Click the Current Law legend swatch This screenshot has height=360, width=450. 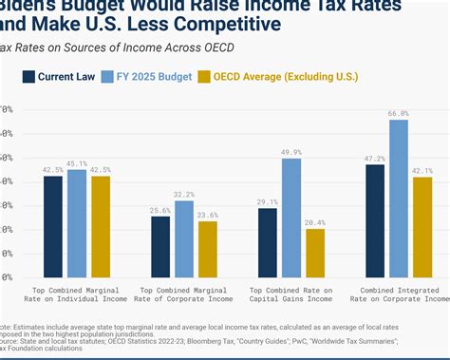(x=29, y=78)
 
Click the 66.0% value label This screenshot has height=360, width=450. (x=398, y=113)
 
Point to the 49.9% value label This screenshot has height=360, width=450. (x=291, y=152)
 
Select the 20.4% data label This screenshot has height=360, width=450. (x=314, y=222)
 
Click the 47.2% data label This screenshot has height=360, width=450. (x=374, y=159)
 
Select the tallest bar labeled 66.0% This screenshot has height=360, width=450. (x=398, y=199)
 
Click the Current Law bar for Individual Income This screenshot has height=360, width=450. (x=53, y=227)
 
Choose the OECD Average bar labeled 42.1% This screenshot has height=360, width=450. (x=422, y=228)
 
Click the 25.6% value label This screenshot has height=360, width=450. (x=160, y=210)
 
